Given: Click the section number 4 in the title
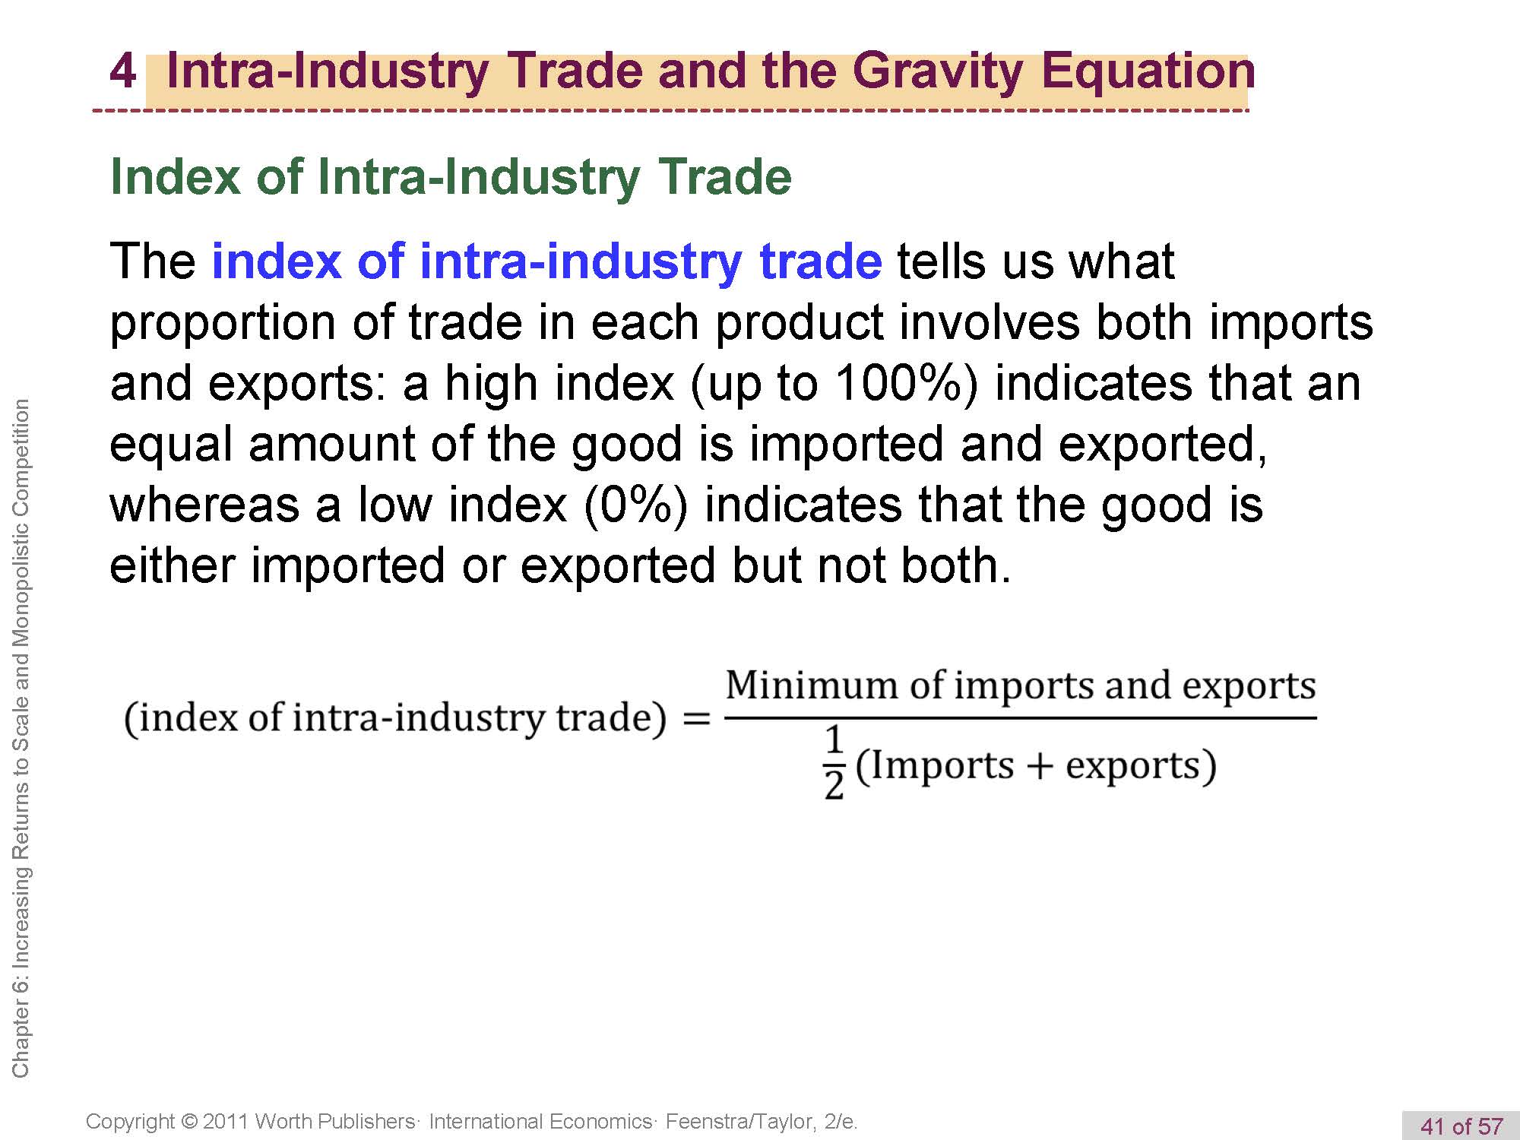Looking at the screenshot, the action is [x=122, y=71].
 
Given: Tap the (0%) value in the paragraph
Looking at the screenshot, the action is [x=636, y=505].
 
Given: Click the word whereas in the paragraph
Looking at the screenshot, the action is [x=204, y=505].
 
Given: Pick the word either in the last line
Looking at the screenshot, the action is [x=173, y=565].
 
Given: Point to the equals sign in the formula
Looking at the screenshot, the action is [x=696, y=718].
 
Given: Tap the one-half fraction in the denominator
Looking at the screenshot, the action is [x=834, y=762].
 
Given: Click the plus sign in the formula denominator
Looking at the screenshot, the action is [x=1039, y=766].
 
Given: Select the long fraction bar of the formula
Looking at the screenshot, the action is [x=1020, y=717].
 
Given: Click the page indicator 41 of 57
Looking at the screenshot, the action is [x=1461, y=1126].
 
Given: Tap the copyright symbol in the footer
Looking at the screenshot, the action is [x=190, y=1122].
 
